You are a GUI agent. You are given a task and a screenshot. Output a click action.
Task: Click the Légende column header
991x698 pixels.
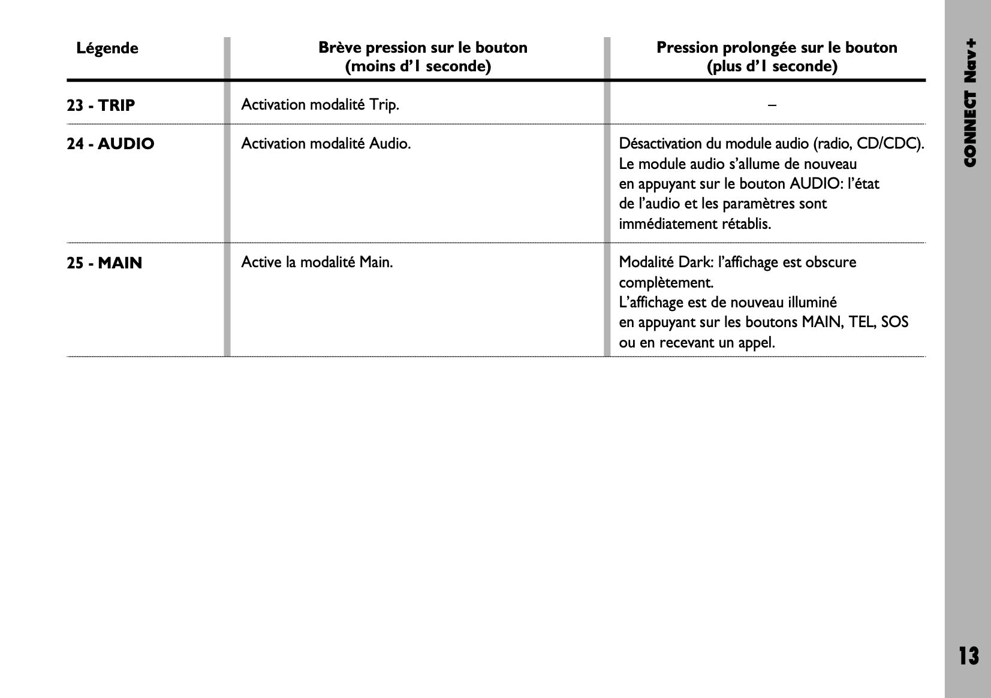click(107, 49)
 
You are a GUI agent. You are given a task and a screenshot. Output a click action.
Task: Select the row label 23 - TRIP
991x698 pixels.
click(101, 105)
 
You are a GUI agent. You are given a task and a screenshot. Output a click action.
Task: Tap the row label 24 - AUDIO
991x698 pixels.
click(110, 144)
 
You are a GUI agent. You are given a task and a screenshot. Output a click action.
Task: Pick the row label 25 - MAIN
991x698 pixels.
click(104, 263)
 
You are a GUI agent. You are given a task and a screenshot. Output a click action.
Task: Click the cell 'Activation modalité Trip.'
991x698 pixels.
click(320, 105)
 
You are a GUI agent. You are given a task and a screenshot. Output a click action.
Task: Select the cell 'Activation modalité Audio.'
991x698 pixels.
click(326, 144)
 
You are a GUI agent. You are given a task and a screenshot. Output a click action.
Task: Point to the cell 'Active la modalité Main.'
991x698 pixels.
click(317, 262)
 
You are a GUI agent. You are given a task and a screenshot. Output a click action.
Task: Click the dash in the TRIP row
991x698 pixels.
click(772, 105)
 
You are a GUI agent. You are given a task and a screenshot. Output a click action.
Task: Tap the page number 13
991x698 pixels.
click(968, 656)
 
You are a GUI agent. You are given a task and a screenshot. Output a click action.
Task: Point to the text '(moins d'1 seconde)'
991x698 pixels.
click(418, 67)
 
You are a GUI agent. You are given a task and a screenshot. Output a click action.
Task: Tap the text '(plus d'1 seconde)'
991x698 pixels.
click(772, 67)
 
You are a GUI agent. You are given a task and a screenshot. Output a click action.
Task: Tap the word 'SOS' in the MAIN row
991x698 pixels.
click(894, 322)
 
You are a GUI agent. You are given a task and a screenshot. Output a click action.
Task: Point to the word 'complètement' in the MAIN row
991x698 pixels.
click(665, 283)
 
